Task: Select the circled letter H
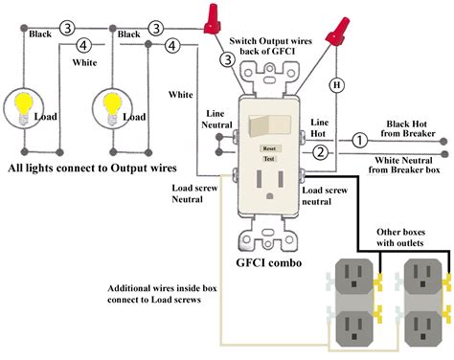(336, 85)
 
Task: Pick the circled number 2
(322, 153)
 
